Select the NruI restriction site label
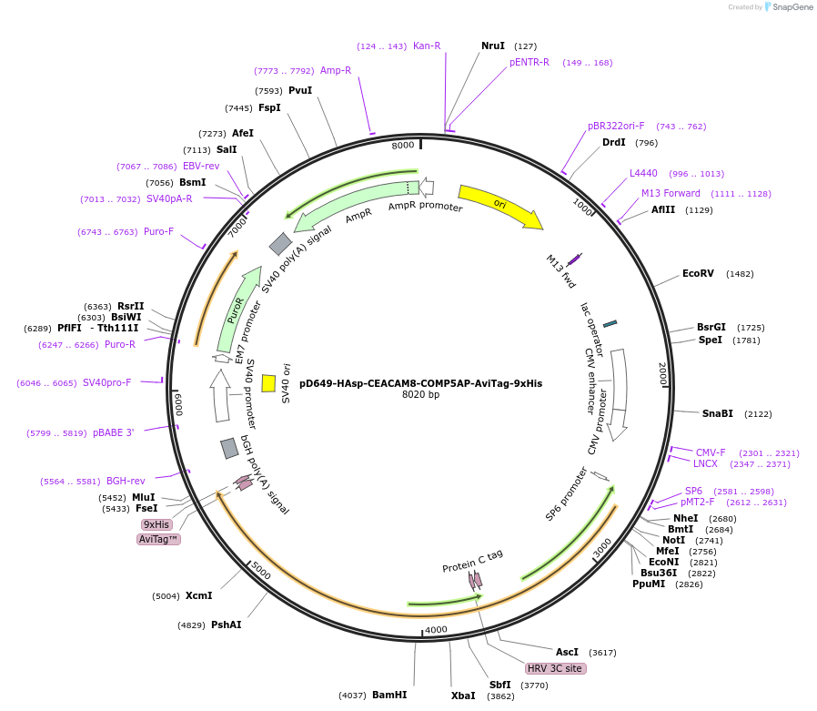(x=493, y=46)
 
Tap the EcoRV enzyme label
(x=699, y=273)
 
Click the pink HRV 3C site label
(x=555, y=668)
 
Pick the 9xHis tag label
(x=156, y=524)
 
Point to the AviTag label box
(x=158, y=539)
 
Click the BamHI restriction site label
(x=389, y=695)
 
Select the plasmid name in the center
(x=420, y=383)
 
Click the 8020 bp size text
(x=420, y=395)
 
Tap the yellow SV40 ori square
(x=268, y=383)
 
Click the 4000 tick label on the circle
(x=437, y=629)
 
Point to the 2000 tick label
(x=662, y=373)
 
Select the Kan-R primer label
(x=427, y=46)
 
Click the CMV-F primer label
(x=711, y=452)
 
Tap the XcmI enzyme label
(x=198, y=596)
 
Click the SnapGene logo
(x=787, y=7)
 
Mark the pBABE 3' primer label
(x=113, y=432)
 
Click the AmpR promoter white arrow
(x=426, y=188)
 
